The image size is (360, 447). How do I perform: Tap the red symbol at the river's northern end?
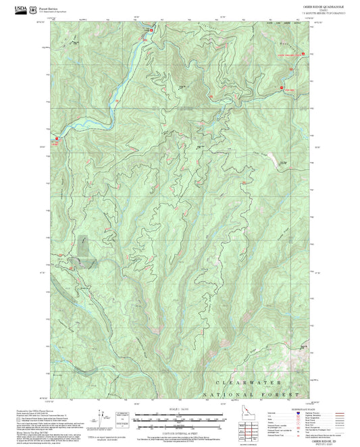coord(151,30)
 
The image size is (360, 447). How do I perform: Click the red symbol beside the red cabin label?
coord(281,88)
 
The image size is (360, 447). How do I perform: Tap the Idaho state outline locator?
coord(247,413)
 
